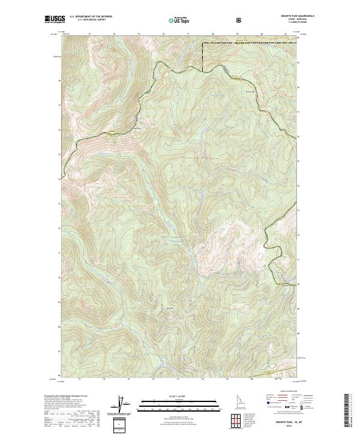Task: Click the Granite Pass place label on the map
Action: tap(137, 127)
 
